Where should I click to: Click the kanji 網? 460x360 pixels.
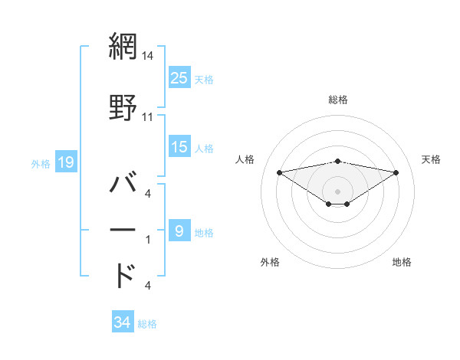(x=123, y=47)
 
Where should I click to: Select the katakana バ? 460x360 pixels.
(x=123, y=184)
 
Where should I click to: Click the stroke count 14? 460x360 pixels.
(x=148, y=55)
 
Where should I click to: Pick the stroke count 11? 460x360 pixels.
(x=148, y=117)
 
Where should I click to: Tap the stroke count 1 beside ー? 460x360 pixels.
(x=147, y=240)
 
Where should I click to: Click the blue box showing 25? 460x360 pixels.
(x=179, y=77)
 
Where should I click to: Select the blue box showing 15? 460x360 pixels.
(x=179, y=147)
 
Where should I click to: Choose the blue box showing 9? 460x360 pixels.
(x=179, y=231)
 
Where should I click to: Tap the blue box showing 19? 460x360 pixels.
(x=65, y=162)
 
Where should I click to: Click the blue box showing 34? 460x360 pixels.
(x=122, y=322)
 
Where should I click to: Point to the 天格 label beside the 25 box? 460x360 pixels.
(x=204, y=79)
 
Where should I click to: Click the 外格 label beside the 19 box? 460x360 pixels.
(x=41, y=163)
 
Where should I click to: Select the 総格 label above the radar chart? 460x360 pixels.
(x=338, y=100)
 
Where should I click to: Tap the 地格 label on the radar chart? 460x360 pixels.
(x=402, y=262)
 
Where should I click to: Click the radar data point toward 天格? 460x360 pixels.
(x=396, y=172)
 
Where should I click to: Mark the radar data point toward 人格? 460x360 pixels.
(x=279, y=172)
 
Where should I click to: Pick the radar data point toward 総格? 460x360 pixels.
(x=338, y=161)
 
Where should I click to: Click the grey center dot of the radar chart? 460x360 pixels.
(x=338, y=191)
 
